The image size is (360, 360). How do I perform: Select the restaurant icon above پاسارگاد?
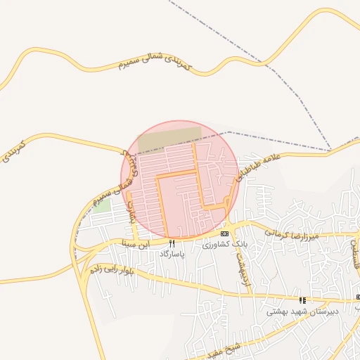pyautogui.click(x=172, y=243)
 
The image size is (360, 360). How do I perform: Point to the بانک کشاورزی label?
pyautogui.click(x=225, y=243)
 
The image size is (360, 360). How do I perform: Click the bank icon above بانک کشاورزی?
pyautogui.click(x=224, y=233)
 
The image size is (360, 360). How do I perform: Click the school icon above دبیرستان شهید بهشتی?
pyautogui.click(x=302, y=300)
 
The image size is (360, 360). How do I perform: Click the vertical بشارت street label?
pyautogui.click(x=130, y=209)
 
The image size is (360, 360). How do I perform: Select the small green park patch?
pyautogui.click(x=103, y=206)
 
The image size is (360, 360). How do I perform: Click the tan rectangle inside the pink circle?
pyautogui.click(x=169, y=138)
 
